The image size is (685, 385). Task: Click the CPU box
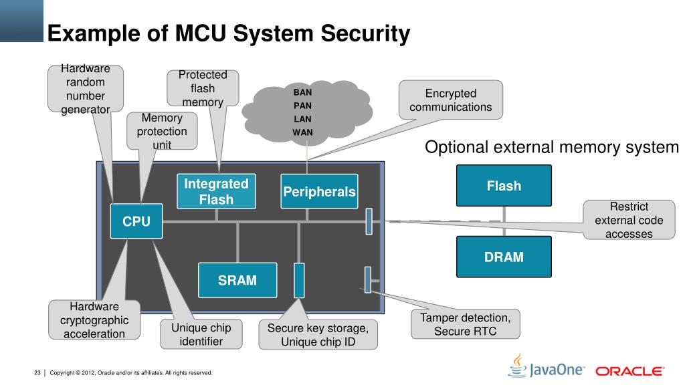136,221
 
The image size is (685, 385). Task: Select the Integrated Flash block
216,191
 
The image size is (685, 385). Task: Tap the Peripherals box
319,191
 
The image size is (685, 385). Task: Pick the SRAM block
237,280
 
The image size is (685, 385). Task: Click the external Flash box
504,186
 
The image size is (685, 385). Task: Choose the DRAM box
504,257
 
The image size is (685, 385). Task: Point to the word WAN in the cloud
303,132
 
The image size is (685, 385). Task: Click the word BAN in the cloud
303,92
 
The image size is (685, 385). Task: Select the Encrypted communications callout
451,100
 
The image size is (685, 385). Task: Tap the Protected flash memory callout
203,88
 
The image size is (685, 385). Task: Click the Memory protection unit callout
162,131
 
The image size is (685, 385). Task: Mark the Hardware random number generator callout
86,89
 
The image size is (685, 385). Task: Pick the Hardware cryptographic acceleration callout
94,320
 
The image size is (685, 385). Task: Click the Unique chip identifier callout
201,334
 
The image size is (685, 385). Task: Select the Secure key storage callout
318,335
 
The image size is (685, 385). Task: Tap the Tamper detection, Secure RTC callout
466,324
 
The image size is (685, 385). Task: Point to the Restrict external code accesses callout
629,220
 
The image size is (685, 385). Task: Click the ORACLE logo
630,371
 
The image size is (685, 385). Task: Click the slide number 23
37,373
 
